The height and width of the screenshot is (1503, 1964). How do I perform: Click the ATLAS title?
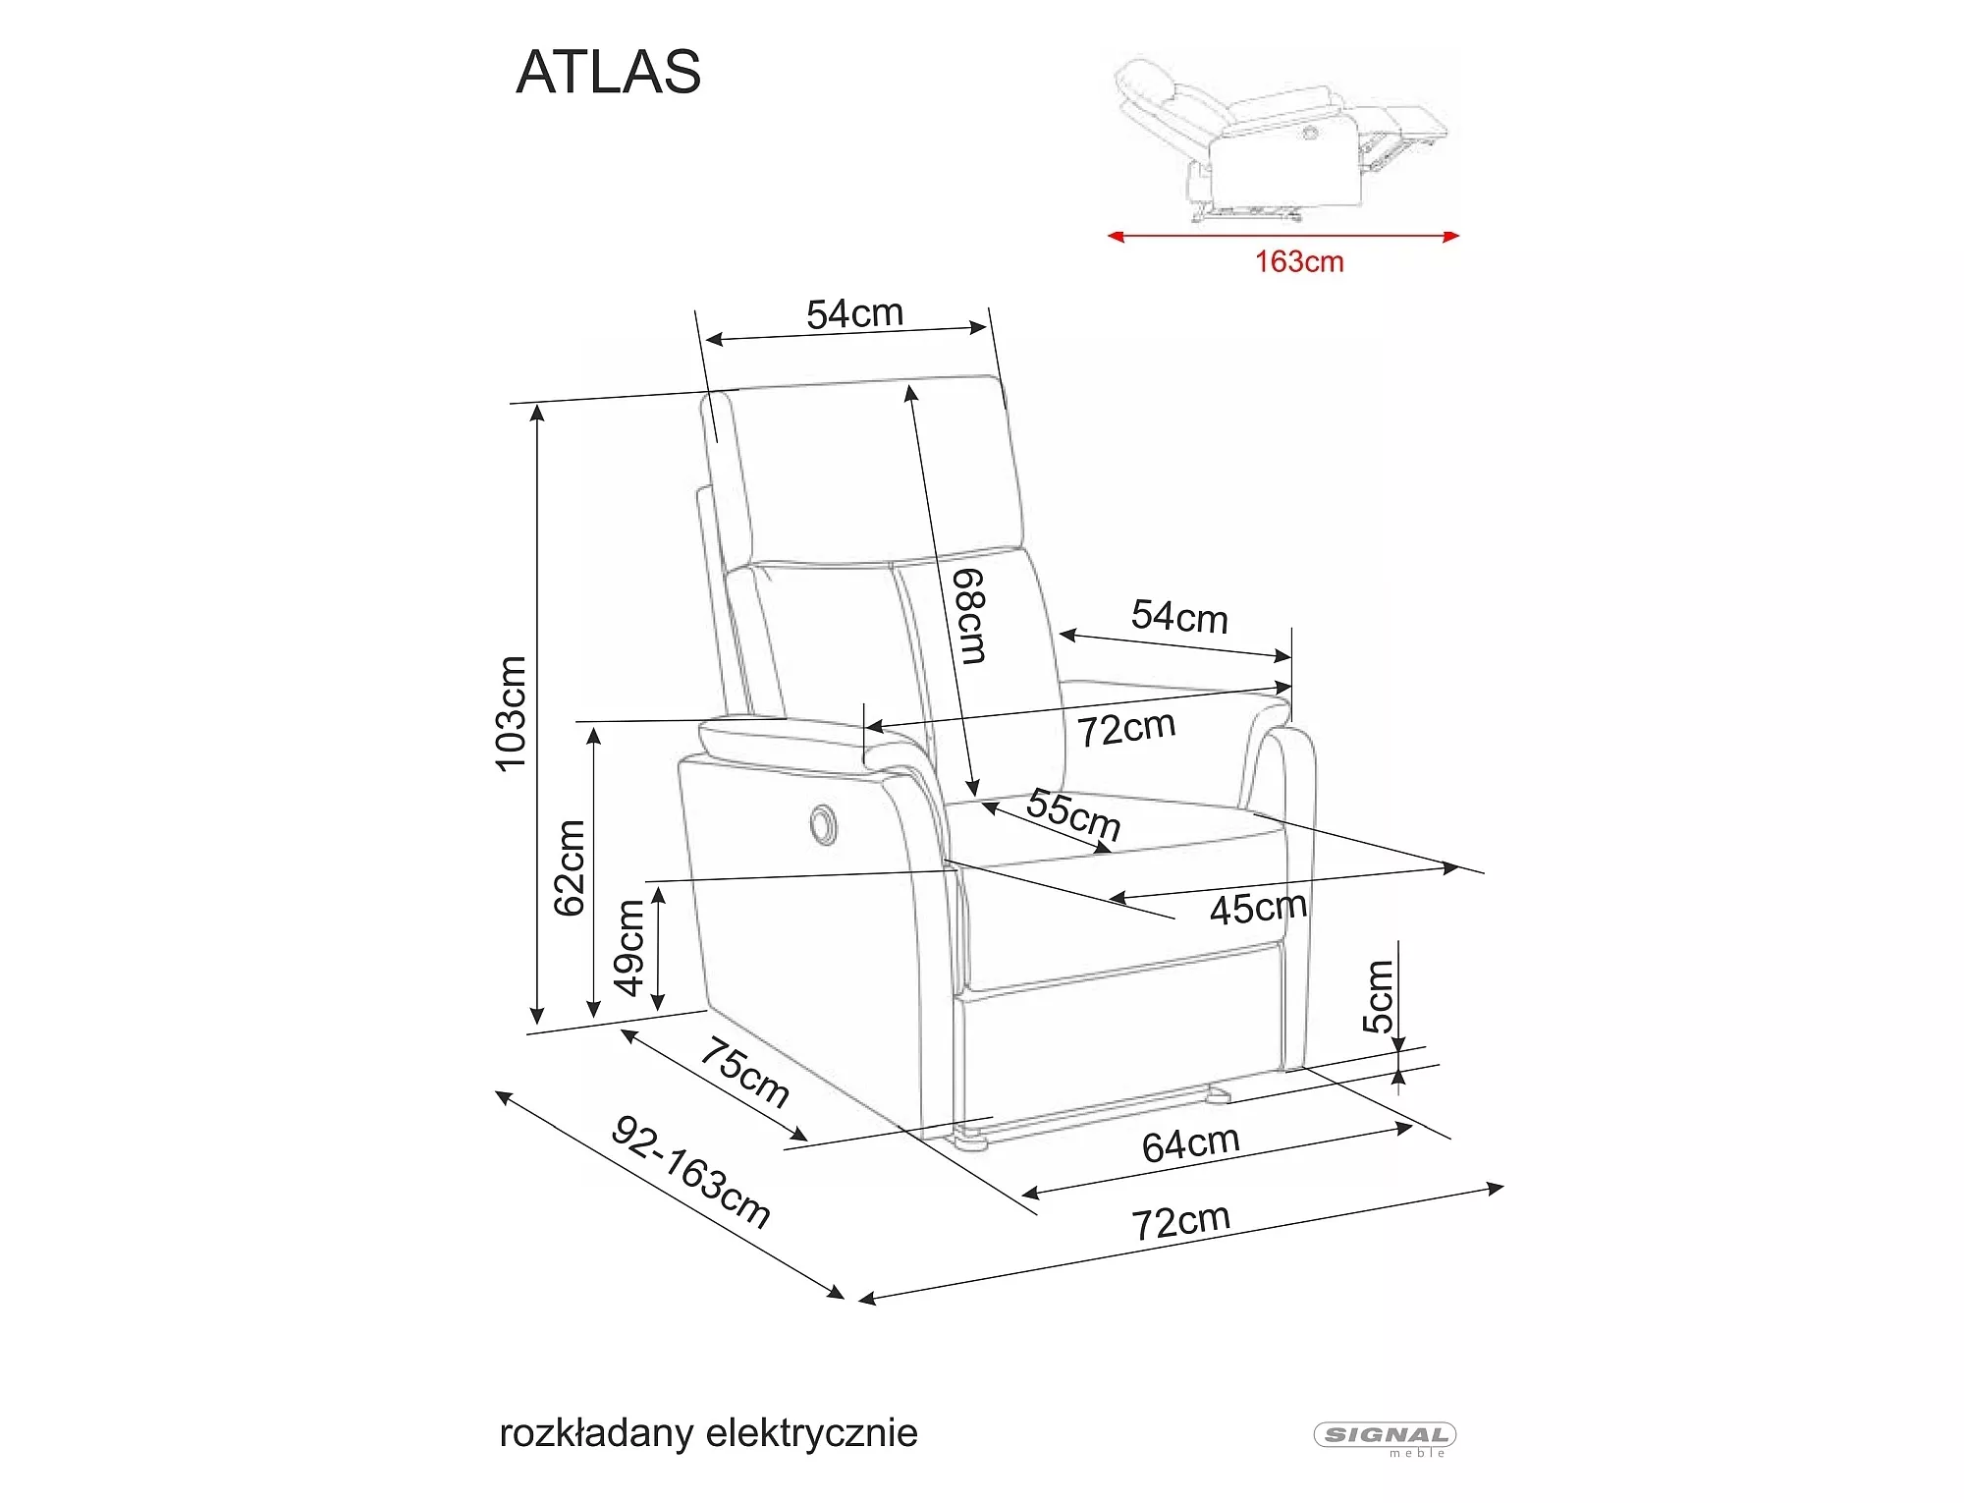(x=608, y=72)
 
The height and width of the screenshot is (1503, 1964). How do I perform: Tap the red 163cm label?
(x=1298, y=262)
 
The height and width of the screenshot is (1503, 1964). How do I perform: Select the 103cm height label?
(x=512, y=713)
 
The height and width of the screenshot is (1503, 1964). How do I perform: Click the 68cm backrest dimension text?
(x=970, y=616)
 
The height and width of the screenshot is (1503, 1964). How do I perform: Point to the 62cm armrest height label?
(x=571, y=867)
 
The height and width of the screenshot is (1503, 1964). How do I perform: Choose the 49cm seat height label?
(x=629, y=947)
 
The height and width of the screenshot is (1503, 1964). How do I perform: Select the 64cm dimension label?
(x=1190, y=1144)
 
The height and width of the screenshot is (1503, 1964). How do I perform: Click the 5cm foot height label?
(x=1378, y=996)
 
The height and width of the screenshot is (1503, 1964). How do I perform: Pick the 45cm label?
(x=1258, y=908)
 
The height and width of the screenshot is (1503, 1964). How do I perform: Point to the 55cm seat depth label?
(x=1073, y=814)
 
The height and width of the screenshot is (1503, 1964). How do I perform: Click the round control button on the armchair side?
(x=822, y=822)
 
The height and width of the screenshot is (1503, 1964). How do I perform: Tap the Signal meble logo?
(x=1385, y=1437)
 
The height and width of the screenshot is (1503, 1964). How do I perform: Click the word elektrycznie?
(x=812, y=1433)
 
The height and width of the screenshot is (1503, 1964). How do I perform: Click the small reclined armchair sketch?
(x=1282, y=138)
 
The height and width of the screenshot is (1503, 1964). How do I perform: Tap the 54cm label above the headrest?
(x=854, y=314)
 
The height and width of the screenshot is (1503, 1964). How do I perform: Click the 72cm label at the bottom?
(x=1180, y=1222)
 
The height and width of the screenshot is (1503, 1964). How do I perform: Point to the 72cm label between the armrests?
(x=1126, y=729)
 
